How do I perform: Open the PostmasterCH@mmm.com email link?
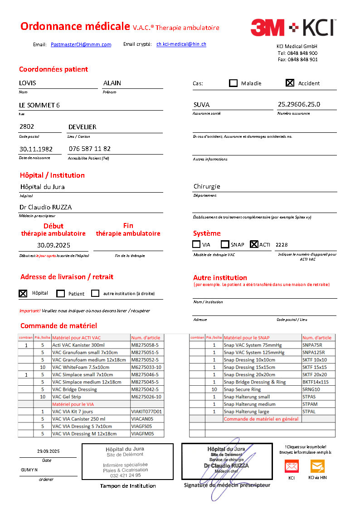pos(81,44)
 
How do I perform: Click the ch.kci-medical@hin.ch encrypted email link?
pos(181,44)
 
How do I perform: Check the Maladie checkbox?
pos(234,83)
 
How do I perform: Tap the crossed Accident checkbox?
pos(290,83)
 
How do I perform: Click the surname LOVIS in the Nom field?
pos(28,83)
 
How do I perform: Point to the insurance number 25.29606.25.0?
pos(299,104)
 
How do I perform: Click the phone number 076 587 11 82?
pos(90,149)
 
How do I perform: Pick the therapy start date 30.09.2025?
pos(54,245)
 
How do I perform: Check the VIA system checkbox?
pos(196,244)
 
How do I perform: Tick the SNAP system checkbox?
pos(225,244)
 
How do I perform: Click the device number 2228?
pos(282,245)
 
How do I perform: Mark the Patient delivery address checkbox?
pos(61,293)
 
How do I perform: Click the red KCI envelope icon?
pos(292,466)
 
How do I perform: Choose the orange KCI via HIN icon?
pos(317,466)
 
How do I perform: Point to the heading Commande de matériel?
pos(58,325)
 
